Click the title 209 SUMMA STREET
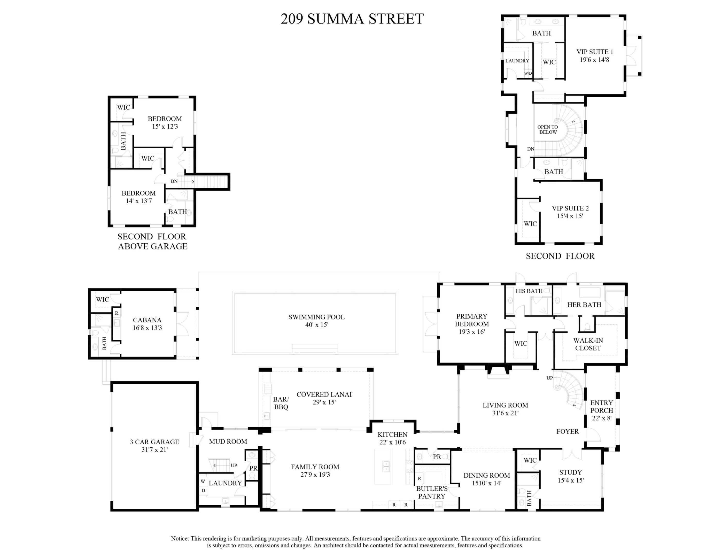pos(352,19)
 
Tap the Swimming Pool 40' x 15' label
pos(316,321)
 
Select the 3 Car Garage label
pos(154,446)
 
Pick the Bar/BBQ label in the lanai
pos(281,403)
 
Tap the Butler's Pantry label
pos(432,492)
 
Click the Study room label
pos(570,472)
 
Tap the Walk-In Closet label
pos(588,344)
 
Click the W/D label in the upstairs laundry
pos(528,73)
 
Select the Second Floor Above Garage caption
pos(152,241)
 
